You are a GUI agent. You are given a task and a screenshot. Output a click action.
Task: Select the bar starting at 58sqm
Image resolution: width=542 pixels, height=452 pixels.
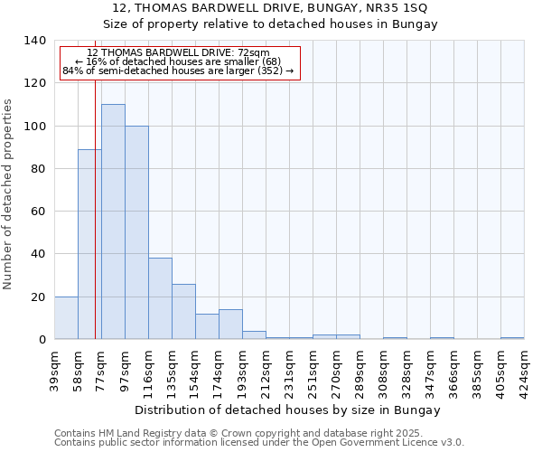(89, 244)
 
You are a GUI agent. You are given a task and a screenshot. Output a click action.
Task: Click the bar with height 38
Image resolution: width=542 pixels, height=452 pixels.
(160, 298)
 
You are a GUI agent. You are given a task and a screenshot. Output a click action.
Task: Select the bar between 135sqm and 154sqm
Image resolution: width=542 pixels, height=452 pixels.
(183, 312)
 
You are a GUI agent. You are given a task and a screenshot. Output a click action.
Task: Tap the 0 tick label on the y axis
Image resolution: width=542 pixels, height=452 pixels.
(42, 340)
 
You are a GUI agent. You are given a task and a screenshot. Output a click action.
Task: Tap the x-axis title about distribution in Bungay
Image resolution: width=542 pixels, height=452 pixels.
(288, 410)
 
